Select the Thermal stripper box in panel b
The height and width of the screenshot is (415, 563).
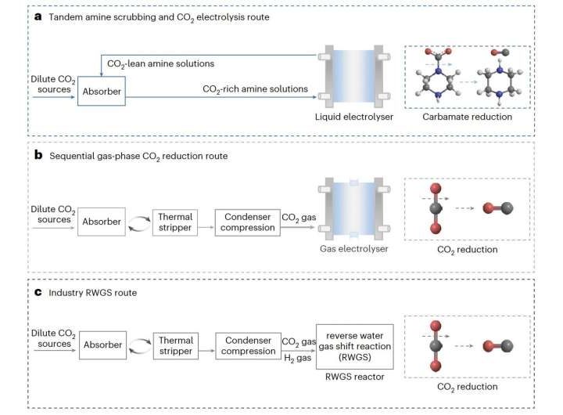(x=174, y=222)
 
